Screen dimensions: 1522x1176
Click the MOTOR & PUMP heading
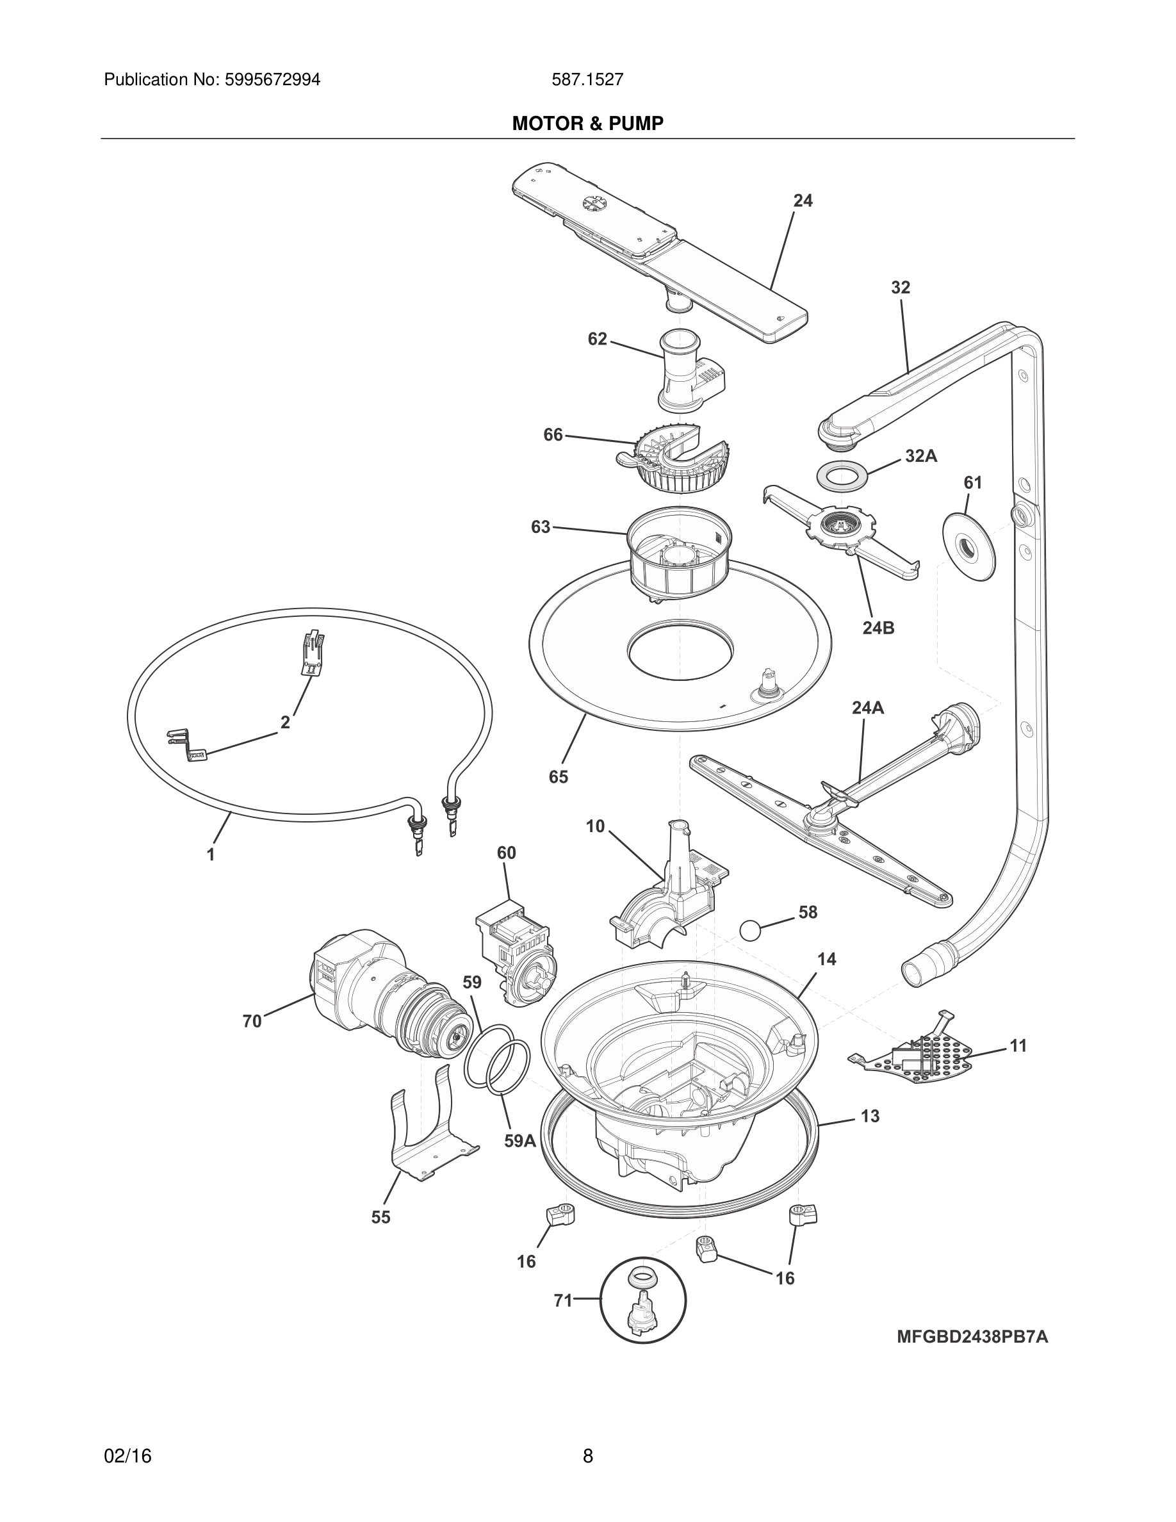[x=587, y=124]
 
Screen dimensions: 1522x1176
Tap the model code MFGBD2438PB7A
[x=972, y=1338]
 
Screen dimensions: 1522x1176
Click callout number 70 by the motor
[x=252, y=1022]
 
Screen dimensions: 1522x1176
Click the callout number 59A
[x=519, y=1141]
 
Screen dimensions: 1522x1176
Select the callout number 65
[x=558, y=776]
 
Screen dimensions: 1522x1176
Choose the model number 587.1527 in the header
[x=587, y=79]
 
